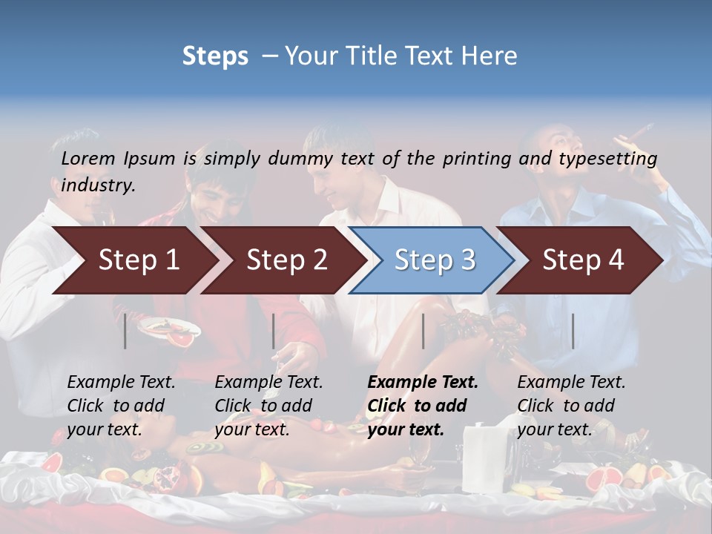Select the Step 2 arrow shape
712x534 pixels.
click(x=286, y=260)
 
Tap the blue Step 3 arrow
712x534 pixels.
click(x=435, y=260)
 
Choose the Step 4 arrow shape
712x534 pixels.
click(x=583, y=260)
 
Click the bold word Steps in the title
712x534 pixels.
click(x=215, y=56)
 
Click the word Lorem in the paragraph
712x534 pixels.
click(x=88, y=158)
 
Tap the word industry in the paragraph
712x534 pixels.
click(x=97, y=185)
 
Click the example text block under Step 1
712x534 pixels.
click(x=121, y=406)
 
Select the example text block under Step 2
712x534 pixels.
click(x=268, y=406)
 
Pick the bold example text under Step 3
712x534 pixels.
click(x=423, y=406)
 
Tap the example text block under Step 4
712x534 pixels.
click(x=571, y=406)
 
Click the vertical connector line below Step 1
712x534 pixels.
click(x=125, y=331)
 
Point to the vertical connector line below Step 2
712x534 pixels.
click(x=274, y=331)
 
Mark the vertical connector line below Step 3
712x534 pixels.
click(x=423, y=331)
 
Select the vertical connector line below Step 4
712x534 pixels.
click(x=573, y=331)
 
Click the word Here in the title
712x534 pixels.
click(x=492, y=56)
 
